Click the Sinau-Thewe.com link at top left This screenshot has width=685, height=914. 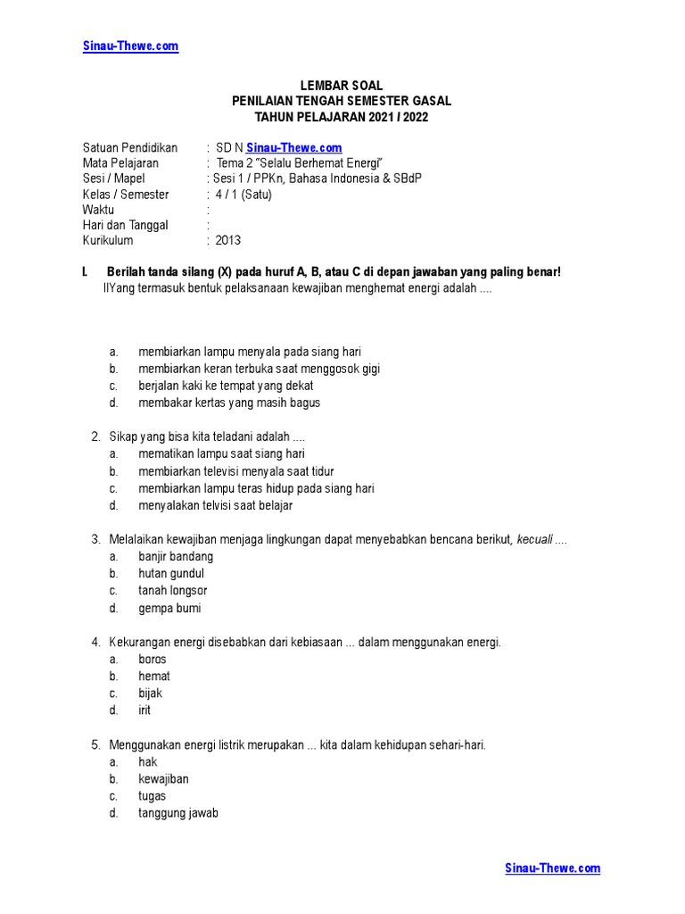pos(131,46)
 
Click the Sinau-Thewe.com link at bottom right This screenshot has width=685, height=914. pos(552,868)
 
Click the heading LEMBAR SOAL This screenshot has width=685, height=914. pos(342,86)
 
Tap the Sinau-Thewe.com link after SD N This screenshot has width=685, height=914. pos(293,147)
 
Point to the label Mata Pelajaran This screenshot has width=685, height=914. pos(120,163)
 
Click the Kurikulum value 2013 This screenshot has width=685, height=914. pos(227,241)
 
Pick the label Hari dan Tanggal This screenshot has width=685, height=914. pos(126,225)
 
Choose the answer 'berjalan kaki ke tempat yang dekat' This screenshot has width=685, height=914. pos(226,386)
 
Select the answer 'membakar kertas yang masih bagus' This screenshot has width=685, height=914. pos(229,403)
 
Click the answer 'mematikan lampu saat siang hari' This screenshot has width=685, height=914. pos(221,454)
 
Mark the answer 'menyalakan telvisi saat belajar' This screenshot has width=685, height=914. pos(215,505)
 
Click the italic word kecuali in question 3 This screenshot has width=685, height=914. pos(534,539)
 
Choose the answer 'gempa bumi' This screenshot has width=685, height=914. pos(169,608)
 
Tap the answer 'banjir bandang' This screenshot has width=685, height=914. pos(176,557)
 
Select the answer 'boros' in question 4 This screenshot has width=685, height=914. pos(153,660)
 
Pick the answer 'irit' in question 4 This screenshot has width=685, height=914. pos(144,710)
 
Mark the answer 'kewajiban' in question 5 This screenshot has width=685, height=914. pos(163,779)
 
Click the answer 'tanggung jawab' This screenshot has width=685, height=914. pos(178,813)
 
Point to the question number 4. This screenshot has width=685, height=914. pos(95,643)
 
